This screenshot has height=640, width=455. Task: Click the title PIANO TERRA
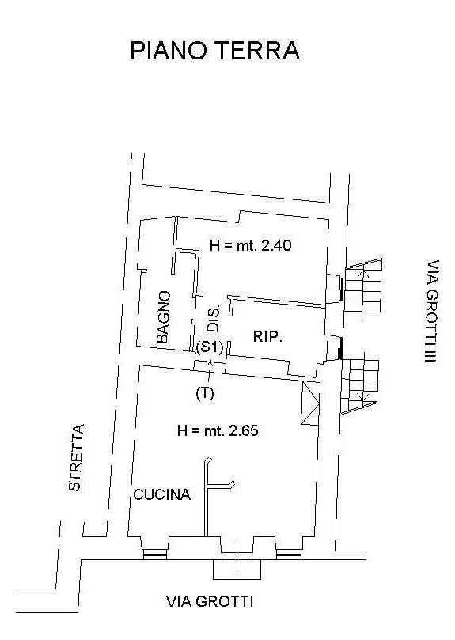214,51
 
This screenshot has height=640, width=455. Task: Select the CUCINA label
162,494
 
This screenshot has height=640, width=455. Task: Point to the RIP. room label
268,337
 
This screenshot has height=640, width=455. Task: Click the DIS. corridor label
214,317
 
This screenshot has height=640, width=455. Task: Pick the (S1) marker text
210,347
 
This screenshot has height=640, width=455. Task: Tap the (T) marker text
205,393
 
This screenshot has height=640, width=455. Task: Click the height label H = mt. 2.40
250,245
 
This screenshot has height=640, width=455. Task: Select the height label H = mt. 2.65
218,430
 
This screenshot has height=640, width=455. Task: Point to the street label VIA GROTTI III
432,312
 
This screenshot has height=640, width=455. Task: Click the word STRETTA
77,457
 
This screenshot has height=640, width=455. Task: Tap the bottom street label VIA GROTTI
210,601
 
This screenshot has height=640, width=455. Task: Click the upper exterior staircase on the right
363,289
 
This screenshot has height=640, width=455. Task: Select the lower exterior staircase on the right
360,386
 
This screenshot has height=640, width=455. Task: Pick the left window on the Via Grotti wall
155,554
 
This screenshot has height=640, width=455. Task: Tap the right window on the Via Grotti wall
289,554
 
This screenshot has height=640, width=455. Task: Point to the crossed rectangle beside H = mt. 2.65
310,403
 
